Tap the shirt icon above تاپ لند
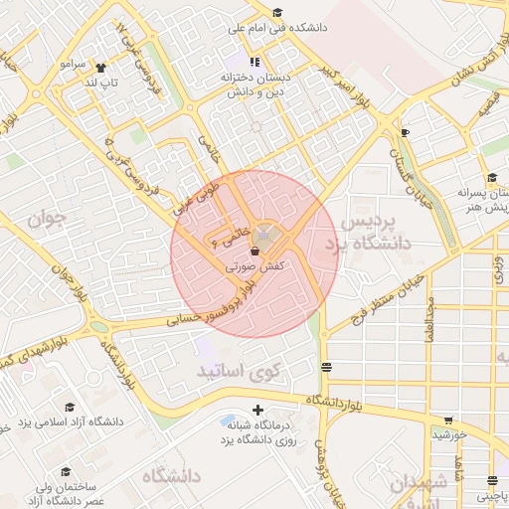tap(101, 68)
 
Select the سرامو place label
tap(73, 63)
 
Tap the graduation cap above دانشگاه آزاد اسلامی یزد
tap(69, 407)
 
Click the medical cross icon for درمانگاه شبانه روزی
tap(258, 410)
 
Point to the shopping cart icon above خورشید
tap(448, 421)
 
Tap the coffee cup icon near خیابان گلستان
tap(404, 132)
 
